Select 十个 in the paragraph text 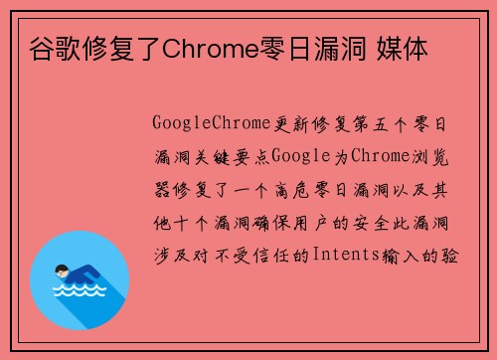(x=185, y=221)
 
